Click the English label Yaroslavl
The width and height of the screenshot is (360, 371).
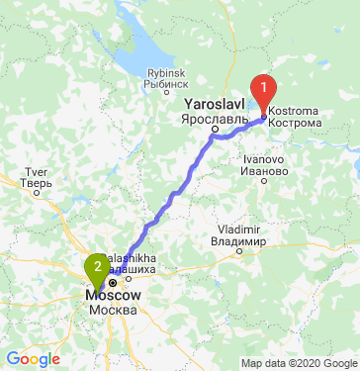click(214, 103)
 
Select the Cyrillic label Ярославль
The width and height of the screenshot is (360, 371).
click(214, 117)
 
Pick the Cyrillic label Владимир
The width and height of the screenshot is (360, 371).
click(238, 241)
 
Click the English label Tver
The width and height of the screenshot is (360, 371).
click(35, 171)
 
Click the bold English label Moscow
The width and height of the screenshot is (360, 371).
click(114, 296)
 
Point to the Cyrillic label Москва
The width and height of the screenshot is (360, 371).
click(112, 311)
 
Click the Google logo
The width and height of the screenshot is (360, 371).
click(33, 358)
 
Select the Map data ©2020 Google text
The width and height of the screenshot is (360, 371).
click(299, 362)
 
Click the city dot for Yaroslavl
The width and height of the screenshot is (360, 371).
click(214, 129)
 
